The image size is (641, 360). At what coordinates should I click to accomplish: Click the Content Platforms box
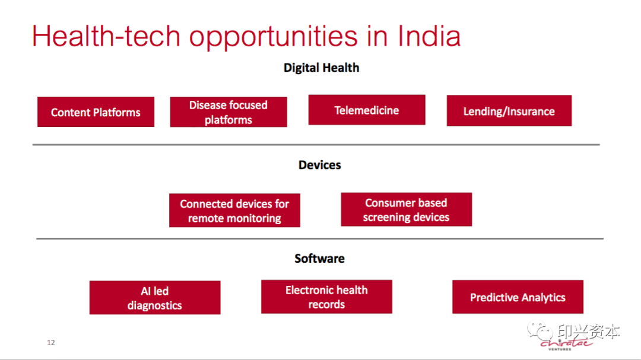[x=96, y=111]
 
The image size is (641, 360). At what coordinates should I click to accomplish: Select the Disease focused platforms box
[x=229, y=112]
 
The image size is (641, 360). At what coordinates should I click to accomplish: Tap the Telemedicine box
[x=367, y=110]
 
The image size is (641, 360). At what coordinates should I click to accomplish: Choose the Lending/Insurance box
[x=509, y=111]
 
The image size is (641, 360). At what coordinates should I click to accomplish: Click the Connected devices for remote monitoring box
[x=234, y=211]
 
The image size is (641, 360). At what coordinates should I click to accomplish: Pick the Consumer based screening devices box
[x=407, y=209]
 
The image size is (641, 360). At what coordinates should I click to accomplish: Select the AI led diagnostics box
[x=155, y=298]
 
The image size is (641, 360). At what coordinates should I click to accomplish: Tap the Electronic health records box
[x=326, y=297]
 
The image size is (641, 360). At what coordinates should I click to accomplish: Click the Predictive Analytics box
[x=518, y=297]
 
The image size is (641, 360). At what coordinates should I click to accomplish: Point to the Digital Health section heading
[x=321, y=68]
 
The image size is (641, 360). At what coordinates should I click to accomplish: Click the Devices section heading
[x=320, y=165]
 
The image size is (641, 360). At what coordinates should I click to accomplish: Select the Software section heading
[x=320, y=259]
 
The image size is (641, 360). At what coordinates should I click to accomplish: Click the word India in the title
[x=429, y=36]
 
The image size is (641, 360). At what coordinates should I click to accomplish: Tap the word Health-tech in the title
[x=106, y=36]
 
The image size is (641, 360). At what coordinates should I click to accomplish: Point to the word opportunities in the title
[x=273, y=37]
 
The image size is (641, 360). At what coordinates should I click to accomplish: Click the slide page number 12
[x=50, y=342]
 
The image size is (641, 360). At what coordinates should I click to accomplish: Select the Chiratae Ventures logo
[x=566, y=344]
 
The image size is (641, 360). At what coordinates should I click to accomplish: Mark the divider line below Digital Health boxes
[x=316, y=145]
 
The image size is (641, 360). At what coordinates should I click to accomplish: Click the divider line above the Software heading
[x=320, y=238]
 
